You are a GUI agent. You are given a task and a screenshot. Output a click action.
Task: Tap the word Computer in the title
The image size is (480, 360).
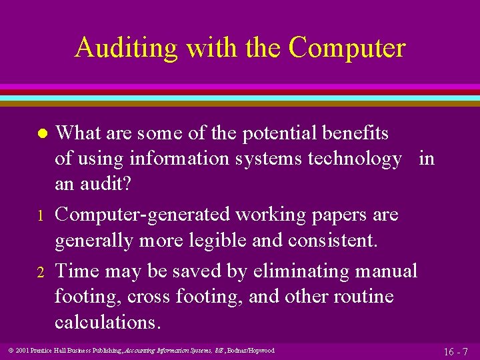(x=347, y=48)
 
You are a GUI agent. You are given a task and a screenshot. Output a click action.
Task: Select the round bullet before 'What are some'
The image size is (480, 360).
(x=41, y=134)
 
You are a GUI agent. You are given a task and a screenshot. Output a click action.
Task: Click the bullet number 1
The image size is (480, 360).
(x=41, y=216)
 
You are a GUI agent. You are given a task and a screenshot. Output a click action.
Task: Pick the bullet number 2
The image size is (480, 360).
(x=41, y=272)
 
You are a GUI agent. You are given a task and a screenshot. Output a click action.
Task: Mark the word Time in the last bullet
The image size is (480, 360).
(x=75, y=271)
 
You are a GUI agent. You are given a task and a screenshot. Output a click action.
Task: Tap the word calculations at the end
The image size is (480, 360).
(x=107, y=322)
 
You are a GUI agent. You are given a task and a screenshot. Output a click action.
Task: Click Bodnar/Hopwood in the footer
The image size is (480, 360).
(x=251, y=351)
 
